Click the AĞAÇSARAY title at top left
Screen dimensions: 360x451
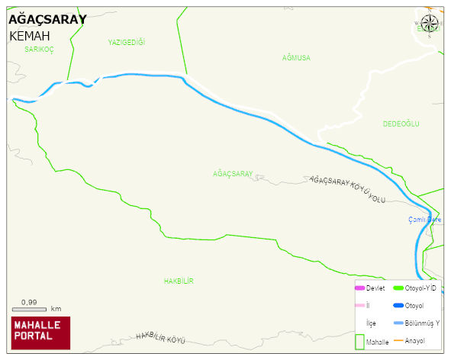47,19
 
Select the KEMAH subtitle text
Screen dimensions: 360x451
30,36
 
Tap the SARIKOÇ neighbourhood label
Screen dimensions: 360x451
39,49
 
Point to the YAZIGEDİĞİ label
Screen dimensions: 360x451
127,43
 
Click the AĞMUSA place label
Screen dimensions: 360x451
296,58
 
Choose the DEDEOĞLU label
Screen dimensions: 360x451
401,124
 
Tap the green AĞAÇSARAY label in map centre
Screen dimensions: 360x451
233,174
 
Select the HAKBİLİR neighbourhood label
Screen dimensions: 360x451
179,281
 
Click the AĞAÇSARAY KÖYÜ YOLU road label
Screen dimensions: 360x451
347,189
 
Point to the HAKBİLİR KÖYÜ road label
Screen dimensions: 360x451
161,337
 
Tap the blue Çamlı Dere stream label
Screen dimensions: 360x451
425,220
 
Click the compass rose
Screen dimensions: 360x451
430,25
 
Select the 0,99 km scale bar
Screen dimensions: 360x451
29,309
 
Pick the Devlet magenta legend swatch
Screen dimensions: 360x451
359,288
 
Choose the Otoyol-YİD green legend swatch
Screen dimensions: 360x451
398,288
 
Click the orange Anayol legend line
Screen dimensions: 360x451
398,340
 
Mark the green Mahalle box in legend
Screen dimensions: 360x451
359,341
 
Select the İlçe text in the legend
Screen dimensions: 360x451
372,323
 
